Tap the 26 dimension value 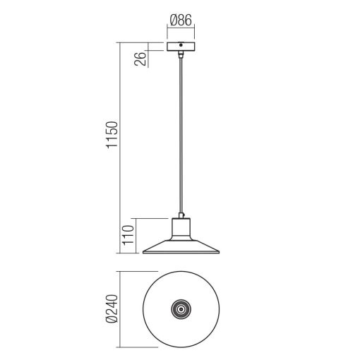click(x=140, y=56)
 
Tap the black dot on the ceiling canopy click(x=181, y=45)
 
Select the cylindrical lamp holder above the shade click(x=181, y=227)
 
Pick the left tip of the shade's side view click(x=143, y=252)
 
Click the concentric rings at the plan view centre click(x=181, y=308)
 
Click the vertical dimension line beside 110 click(x=134, y=235)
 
